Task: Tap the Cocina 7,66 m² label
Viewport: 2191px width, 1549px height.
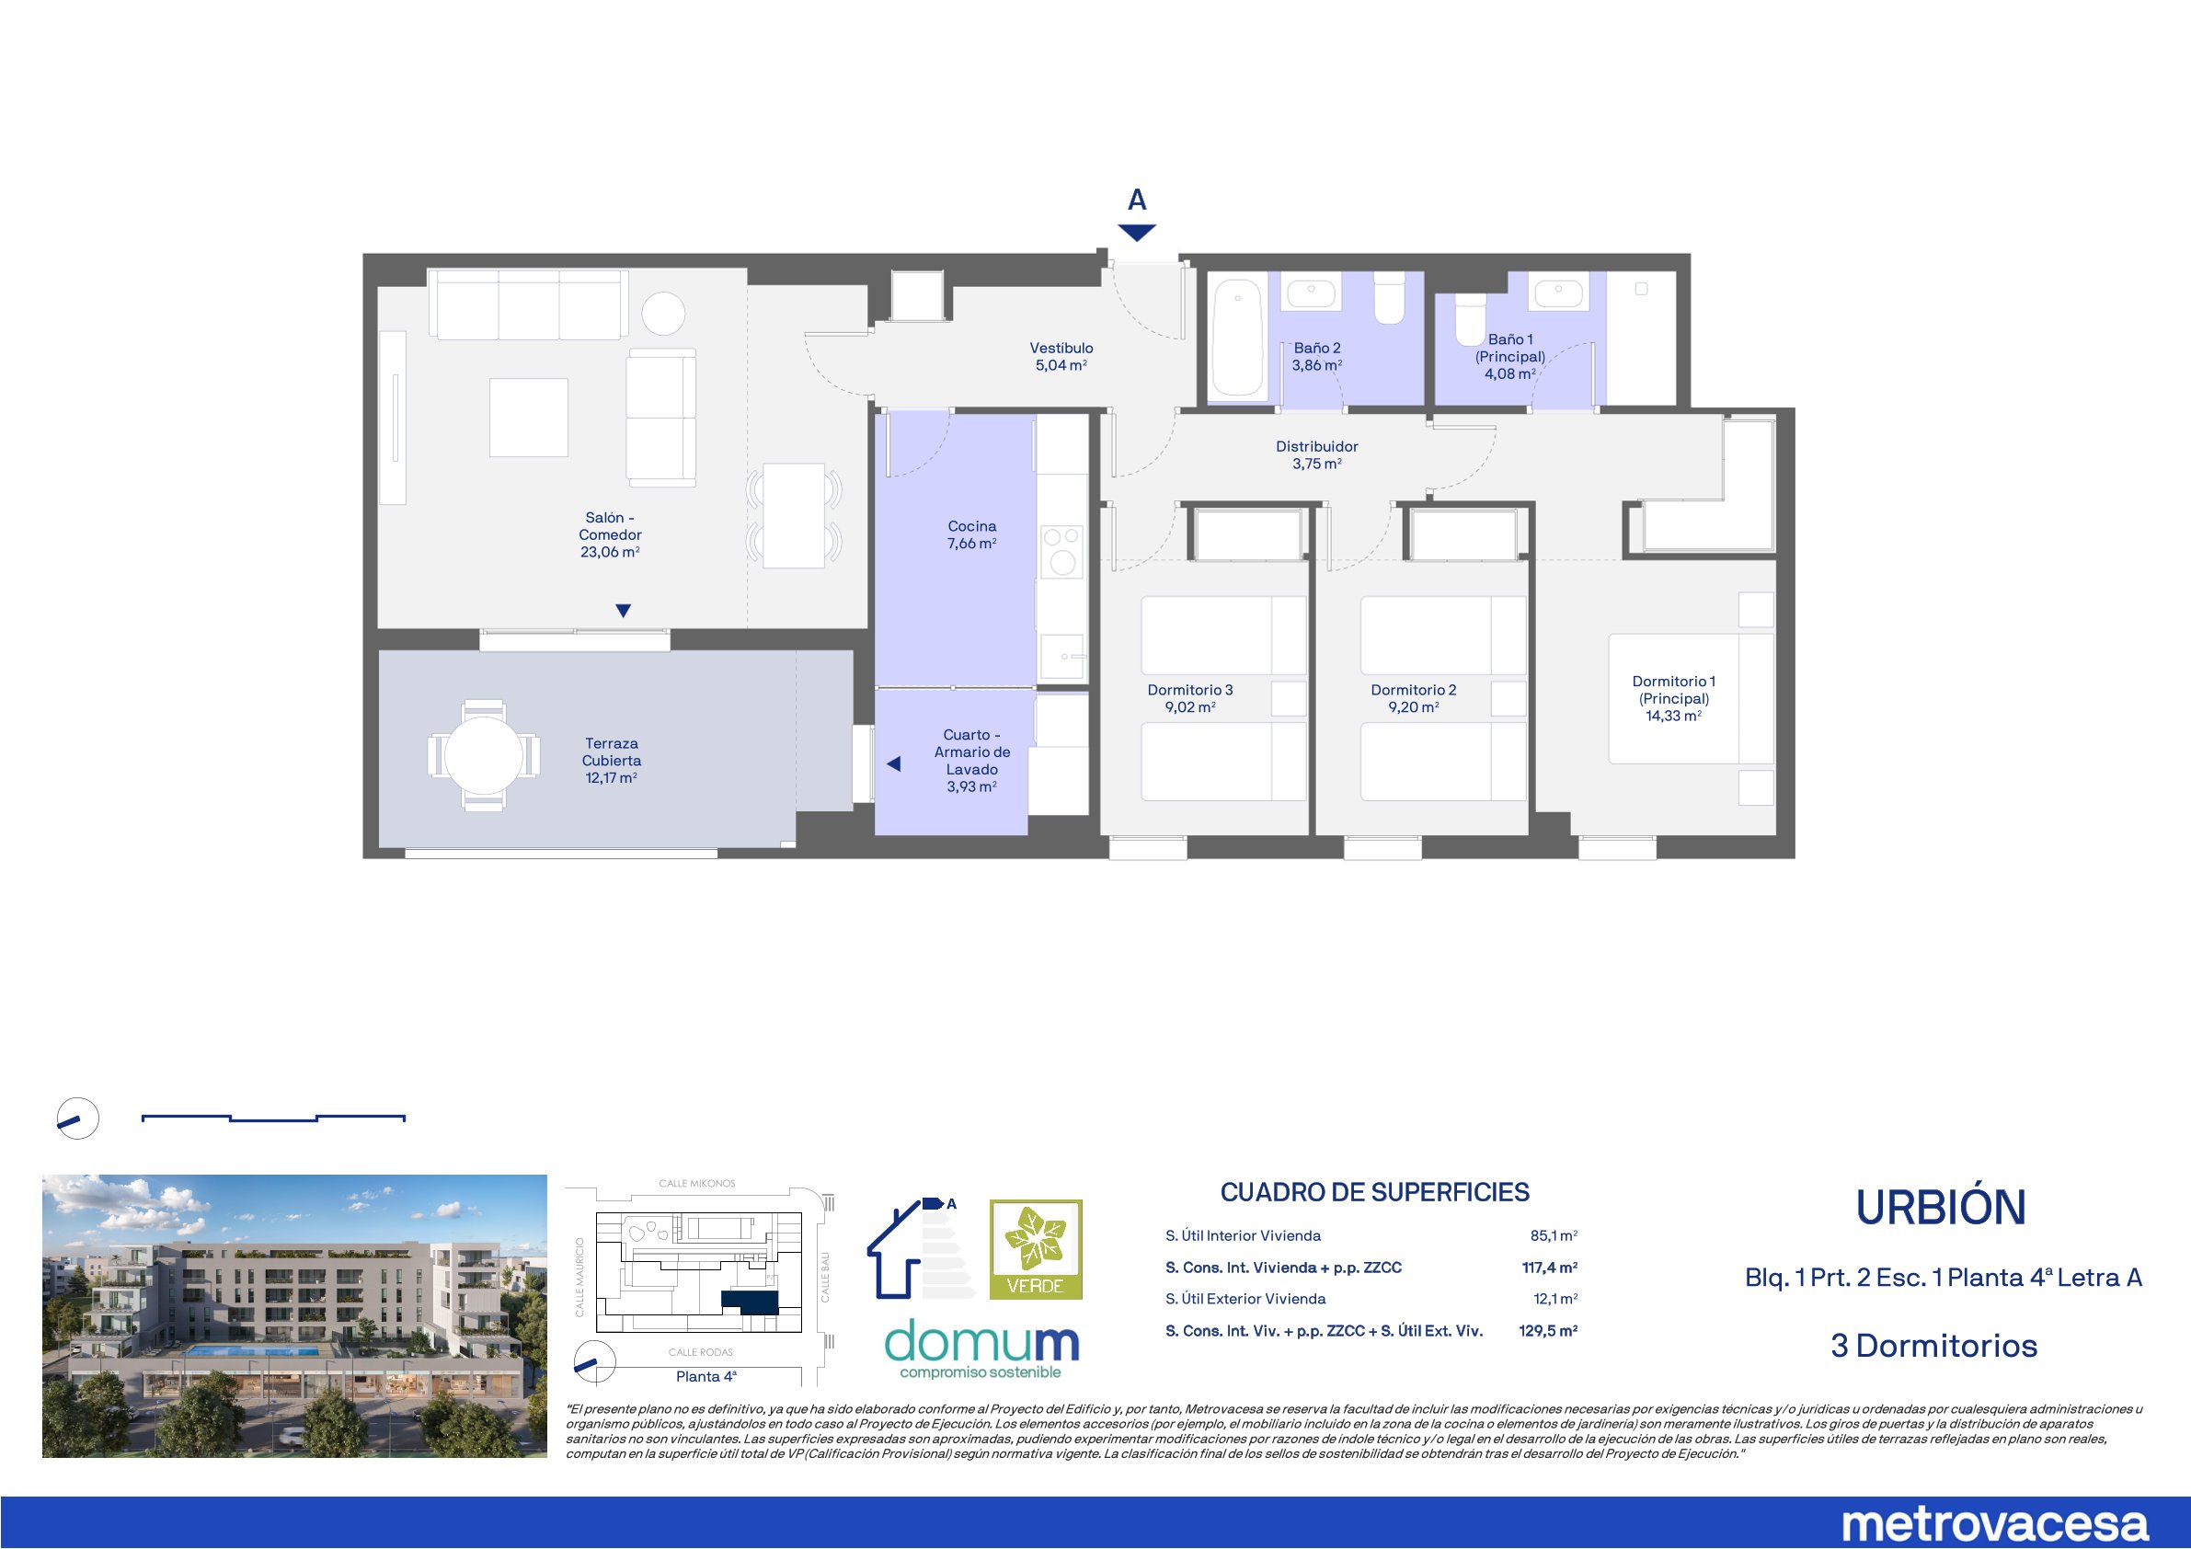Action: point(971,534)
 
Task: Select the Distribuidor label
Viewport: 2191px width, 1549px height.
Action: point(1317,446)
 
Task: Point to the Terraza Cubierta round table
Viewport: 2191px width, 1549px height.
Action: point(484,755)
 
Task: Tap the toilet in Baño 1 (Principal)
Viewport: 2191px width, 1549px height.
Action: point(1470,319)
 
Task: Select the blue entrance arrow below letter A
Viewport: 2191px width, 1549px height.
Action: point(1137,233)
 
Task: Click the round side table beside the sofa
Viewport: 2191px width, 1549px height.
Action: point(663,312)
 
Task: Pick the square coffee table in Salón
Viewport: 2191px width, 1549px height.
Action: point(529,417)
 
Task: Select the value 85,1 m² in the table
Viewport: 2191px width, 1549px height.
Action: point(1554,1235)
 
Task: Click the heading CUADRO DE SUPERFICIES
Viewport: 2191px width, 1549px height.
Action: point(1374,1192)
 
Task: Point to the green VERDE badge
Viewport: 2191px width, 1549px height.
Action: point(1036,1249)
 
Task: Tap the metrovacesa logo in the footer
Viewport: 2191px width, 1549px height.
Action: point(1994,1523)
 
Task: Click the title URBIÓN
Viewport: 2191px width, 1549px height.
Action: point(1941,1208)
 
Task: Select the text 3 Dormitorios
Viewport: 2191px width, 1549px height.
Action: point(1934,1346)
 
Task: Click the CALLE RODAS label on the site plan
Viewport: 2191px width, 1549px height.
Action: point(700,1352)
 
